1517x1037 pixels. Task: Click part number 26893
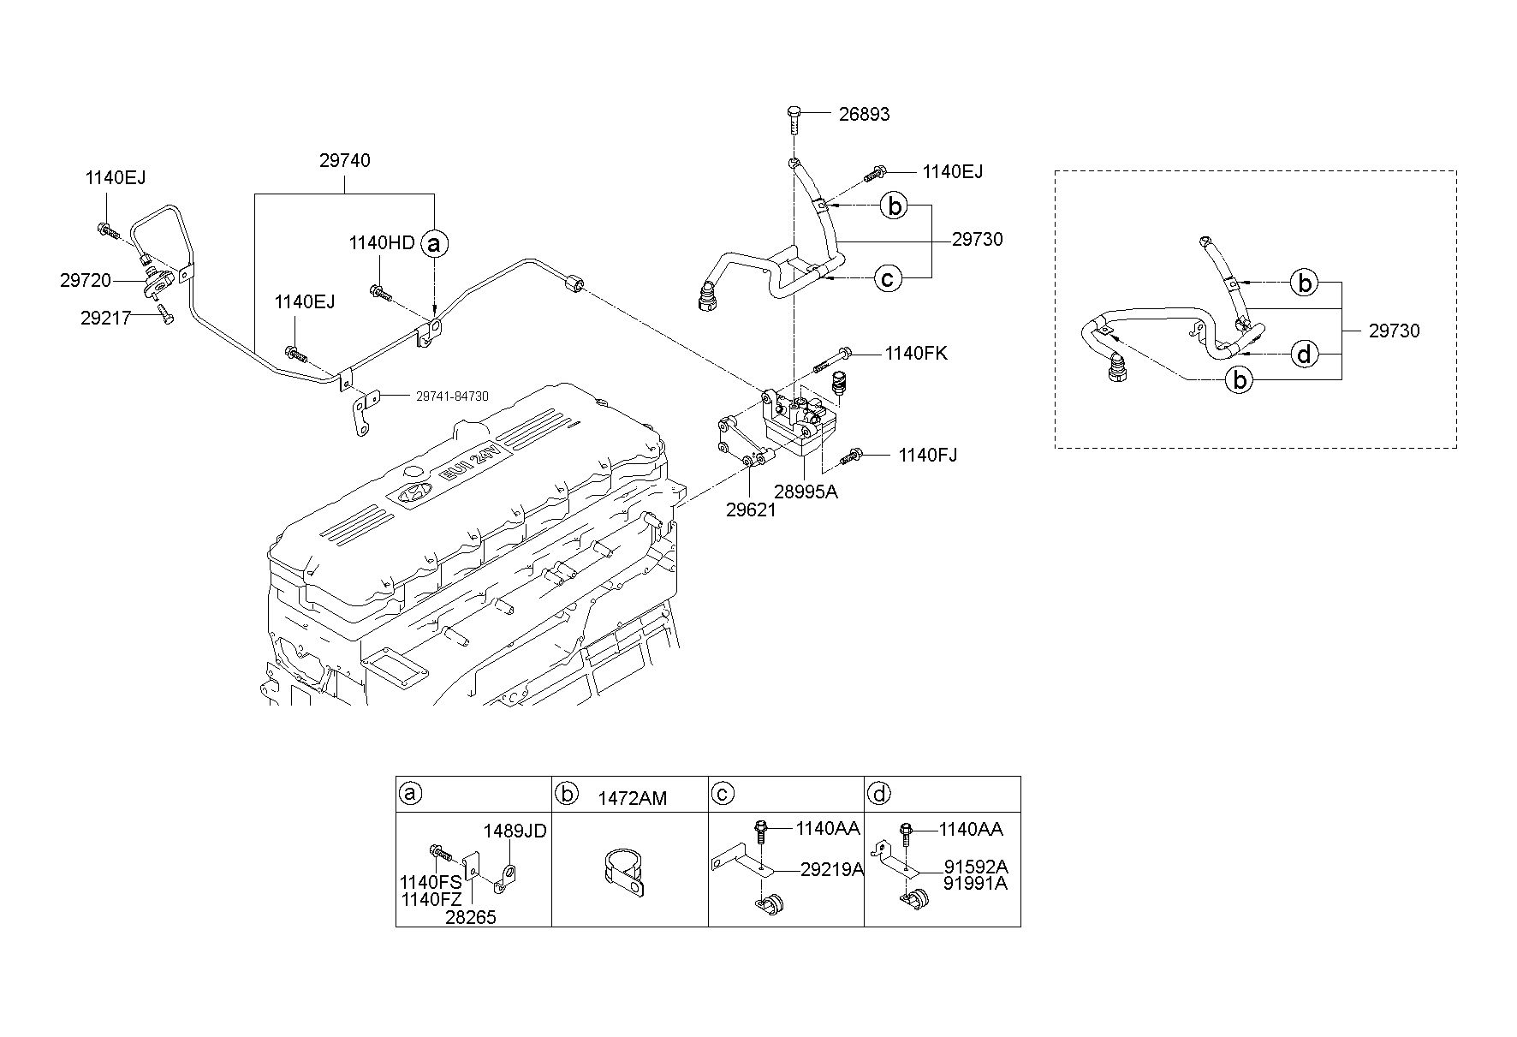click(864, 114)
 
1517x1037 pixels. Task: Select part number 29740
click(345, 160)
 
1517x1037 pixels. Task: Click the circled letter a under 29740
click(435, 244)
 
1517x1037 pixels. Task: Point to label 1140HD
click(382, 243)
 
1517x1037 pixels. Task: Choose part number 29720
click(86, 280)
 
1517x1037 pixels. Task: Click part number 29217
click(106, 319)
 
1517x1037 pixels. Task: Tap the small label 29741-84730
click(452, 396)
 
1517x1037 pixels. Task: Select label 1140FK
click(916, 353)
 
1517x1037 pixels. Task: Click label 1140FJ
click(928, 455)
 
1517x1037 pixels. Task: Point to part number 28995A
click(806, 492)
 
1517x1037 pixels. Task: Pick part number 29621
click(751, 510)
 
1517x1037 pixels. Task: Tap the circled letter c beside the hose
click(888, 277)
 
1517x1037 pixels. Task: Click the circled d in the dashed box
click(1304, 354)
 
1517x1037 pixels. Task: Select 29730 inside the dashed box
click(1394, 331)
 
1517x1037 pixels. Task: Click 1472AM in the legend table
click(632, 798)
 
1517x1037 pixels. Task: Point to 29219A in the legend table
click(831, 870)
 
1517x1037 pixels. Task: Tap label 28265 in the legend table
click(471, 917)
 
